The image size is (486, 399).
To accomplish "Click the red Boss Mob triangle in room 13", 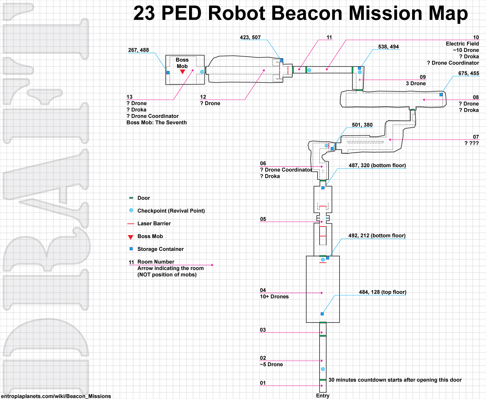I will pos(182,72).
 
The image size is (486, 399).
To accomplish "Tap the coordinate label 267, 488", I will pos(138,50).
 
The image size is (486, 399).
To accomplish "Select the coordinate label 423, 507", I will pos(250,38).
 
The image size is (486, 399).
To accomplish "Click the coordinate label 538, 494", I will pos(388,47).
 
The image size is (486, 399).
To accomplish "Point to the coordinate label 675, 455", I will pos(468,73).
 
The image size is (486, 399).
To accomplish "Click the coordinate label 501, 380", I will pos(362,125).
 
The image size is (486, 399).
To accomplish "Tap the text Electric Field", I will pos(462,44).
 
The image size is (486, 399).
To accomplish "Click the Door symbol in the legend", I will pos(131,198).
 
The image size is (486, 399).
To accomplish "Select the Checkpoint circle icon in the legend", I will pos(131,210).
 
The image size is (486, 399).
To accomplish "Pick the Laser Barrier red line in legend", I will pos(131,224).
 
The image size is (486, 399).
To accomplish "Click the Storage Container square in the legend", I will pos(131,249).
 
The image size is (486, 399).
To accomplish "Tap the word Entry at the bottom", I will pos(323,396).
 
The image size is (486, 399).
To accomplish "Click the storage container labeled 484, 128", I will pos(322,314).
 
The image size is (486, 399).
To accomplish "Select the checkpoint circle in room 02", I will pos(323,369).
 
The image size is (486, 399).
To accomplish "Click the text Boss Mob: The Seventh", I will pos(156,123).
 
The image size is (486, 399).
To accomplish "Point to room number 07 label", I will pos(476,137).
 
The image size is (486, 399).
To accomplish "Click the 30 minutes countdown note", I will pos(395,380).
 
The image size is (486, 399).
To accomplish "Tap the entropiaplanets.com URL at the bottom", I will pos(56,396).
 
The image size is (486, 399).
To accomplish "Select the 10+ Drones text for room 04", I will pos(274,297).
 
